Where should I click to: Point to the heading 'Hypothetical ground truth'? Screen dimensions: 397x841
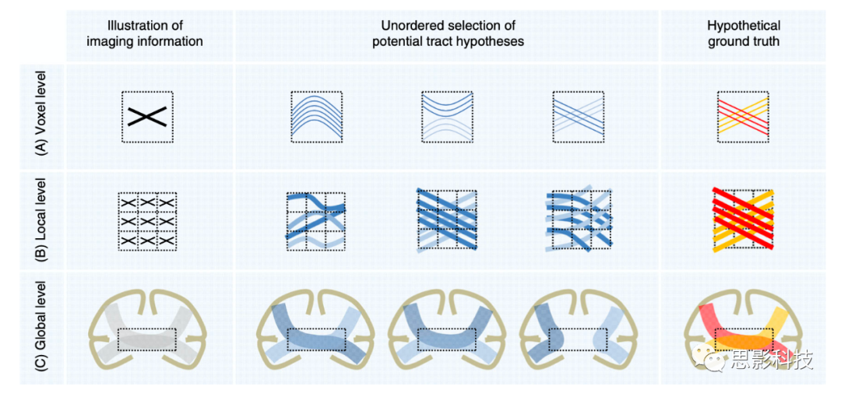(743, 33)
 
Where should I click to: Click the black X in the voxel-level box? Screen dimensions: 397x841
(147, 117)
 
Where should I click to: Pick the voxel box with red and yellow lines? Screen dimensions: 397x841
(743, 117)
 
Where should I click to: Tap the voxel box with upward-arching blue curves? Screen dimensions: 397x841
(316, 117)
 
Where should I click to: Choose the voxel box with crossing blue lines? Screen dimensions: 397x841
(578, 117)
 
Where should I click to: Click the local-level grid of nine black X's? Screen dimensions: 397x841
(147, 220)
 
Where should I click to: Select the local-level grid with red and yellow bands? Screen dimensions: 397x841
(743, 220)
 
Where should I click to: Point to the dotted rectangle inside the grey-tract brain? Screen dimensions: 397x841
(147, 339)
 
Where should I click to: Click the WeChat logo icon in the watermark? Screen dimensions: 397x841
(711, 360)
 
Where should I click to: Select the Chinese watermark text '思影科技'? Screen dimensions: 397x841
(771, 360)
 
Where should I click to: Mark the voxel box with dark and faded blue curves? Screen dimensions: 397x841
(447, 117)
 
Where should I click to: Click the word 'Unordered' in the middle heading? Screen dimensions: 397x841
(409, 26)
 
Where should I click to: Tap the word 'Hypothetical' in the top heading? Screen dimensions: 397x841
(743, 26)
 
